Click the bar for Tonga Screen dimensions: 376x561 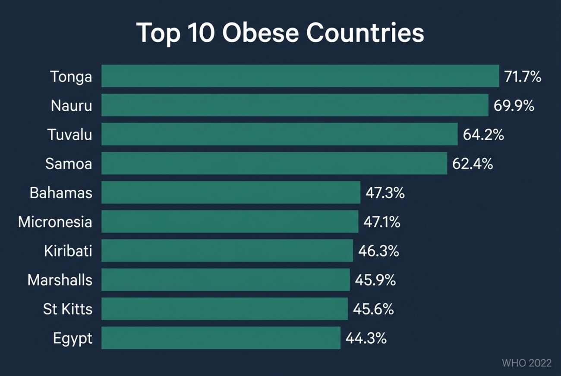coord(300,76)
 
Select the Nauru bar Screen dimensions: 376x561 coord(295,105)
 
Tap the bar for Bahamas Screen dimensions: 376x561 coord(231,192)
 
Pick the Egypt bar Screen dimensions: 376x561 coord(221,338)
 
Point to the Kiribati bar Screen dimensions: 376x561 coord(227,251)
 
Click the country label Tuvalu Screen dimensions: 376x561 coord(69,135)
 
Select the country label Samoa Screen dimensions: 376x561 coord(69,164)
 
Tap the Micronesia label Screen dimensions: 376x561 coord(55,222)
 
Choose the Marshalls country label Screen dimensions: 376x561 coord(60,280)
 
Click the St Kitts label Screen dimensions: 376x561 coord(67,309)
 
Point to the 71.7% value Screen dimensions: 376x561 coord(523,77)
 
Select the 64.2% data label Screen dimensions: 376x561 coord(483,135)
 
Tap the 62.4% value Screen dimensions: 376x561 coord(473,164)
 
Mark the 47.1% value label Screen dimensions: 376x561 coord(381,222)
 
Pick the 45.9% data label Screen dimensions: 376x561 coord(375,280)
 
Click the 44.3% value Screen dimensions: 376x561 coord(366,338)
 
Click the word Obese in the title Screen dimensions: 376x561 coord(265,33)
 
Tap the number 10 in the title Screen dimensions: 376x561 coord(202,33)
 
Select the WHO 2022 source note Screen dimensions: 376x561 coord(526,363)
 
